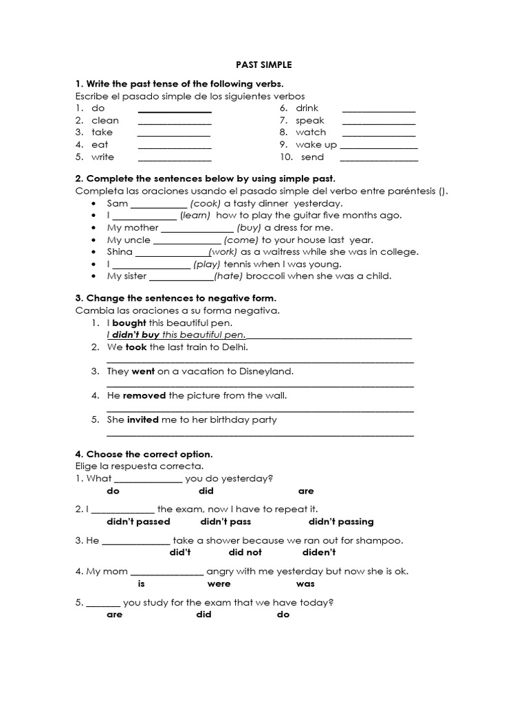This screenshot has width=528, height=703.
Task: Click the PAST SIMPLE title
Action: point(264,65)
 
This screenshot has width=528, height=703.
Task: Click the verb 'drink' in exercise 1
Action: point(307,108)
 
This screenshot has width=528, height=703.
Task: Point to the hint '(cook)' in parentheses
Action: point(206,204)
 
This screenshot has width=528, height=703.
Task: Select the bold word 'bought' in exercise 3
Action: point(129,323)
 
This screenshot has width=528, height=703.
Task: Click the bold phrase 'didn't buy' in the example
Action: point(135,335)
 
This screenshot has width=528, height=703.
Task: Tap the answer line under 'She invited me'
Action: point(261,434)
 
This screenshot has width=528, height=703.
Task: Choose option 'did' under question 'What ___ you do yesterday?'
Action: point(206,491)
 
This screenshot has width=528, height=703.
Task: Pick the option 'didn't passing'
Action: point(341,522)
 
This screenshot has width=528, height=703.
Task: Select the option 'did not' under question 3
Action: point(245,553)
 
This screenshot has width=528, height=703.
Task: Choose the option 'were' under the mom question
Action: point(219,584)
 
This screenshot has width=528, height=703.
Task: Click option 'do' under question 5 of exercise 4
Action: point(283,614)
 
